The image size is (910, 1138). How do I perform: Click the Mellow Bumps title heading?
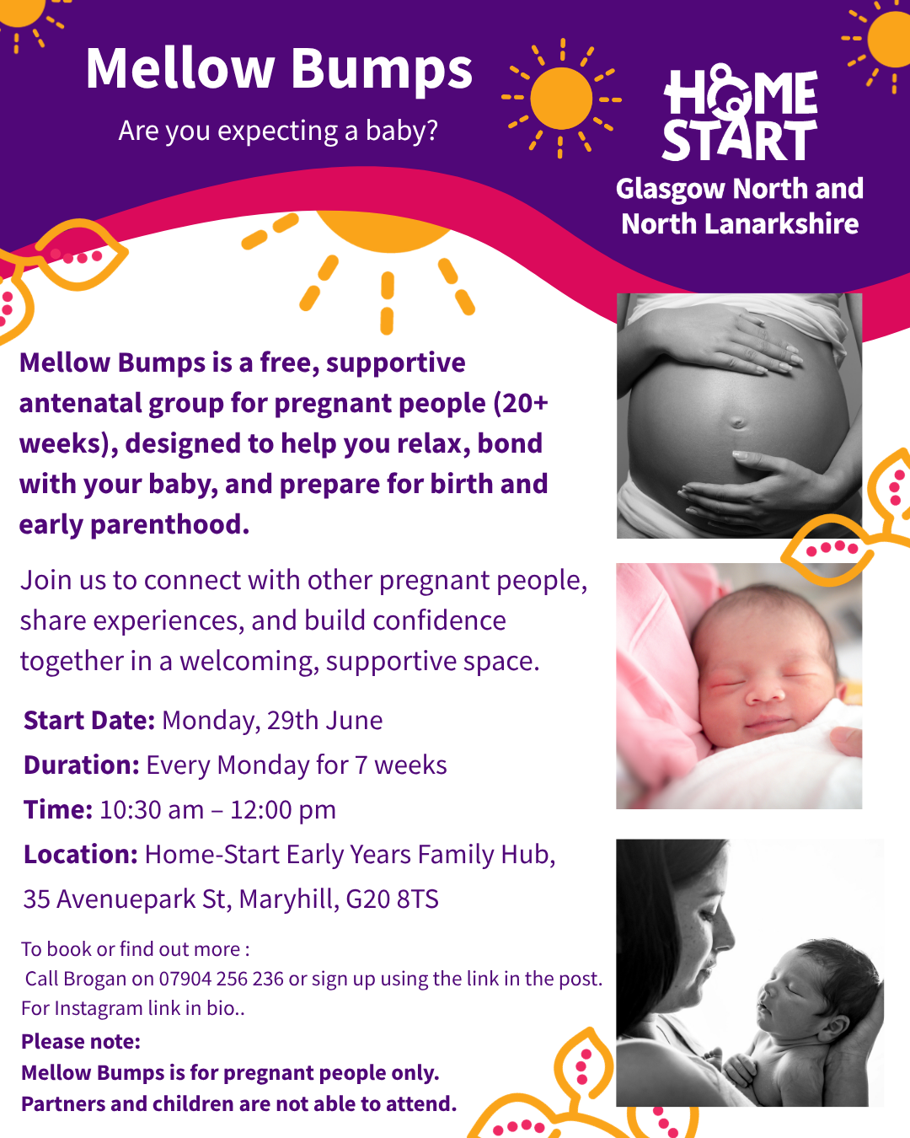(279, 70)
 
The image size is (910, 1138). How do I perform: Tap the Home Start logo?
(740, 112)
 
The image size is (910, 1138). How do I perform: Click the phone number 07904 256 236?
(222, 979)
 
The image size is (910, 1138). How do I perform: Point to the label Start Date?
(88, 720)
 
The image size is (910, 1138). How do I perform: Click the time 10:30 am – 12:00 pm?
(217, 809)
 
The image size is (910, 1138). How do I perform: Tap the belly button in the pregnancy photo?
(737, 422)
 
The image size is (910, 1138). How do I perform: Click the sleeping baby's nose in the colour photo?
(765, 690)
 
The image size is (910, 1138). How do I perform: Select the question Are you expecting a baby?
(278, 132)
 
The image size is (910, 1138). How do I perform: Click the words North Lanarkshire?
(740, 223)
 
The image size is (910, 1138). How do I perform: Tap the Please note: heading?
(81, 1042)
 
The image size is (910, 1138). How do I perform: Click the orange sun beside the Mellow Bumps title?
(561, 99)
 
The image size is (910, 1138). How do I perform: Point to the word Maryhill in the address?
(289, 899)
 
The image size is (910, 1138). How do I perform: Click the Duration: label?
(82, 765)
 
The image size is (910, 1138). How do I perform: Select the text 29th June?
(324, 720)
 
